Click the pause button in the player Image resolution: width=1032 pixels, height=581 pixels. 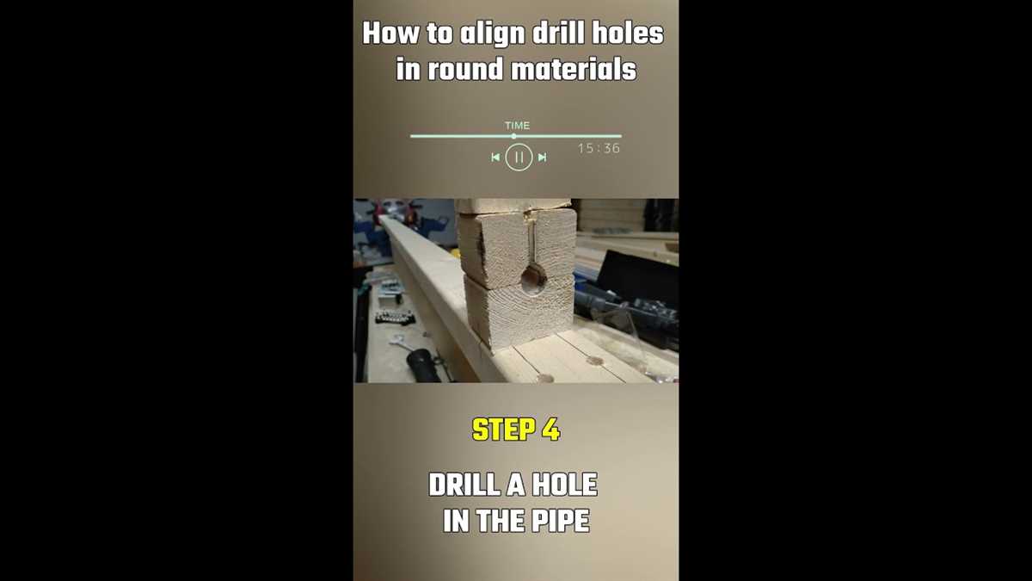pos(519,158)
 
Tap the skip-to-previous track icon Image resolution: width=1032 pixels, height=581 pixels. pos(495,158)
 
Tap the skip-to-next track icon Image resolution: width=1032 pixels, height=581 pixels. pos(542,158)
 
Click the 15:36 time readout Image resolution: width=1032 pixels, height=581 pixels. pos(599,149)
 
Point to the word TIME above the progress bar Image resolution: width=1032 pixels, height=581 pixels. pos(517,126)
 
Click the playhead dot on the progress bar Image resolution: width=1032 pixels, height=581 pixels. pos(513,136)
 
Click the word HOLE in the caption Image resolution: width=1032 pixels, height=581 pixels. pos(563,485)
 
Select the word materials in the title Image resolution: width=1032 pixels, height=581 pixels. pos(574,70)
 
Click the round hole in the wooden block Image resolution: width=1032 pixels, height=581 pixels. pos(533,277)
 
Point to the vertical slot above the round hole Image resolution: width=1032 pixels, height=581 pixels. pos(532,241)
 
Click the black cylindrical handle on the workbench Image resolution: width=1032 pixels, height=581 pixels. pos(423,364)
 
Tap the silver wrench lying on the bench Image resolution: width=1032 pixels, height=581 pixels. pos(399,340)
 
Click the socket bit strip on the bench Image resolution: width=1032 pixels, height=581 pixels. pos(395,317)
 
